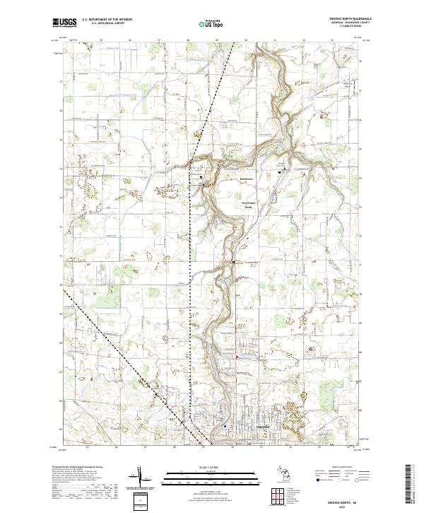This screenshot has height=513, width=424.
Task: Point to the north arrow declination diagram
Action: click(x=142, y=478)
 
